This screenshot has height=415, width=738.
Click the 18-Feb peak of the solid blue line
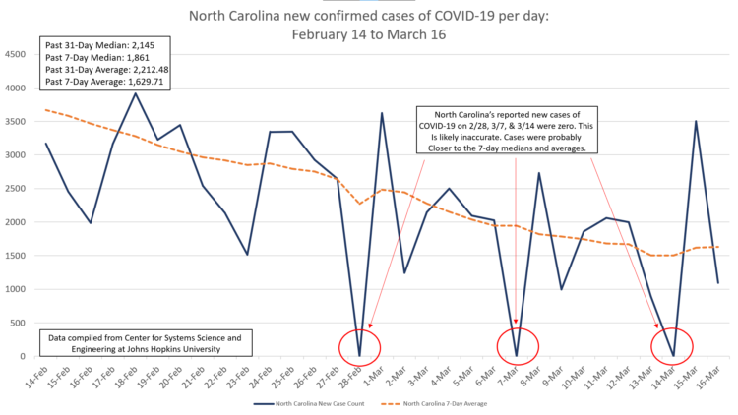pos(136,93)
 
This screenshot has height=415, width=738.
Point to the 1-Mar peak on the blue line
pos(382,113)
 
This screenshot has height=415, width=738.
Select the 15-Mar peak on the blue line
pos(696,122)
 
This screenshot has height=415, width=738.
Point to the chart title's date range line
pos(368,34)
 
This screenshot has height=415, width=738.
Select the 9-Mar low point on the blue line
pos(561,289)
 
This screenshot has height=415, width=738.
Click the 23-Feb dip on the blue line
pos(247,254)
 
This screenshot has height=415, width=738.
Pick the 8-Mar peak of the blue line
pos(538,173)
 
